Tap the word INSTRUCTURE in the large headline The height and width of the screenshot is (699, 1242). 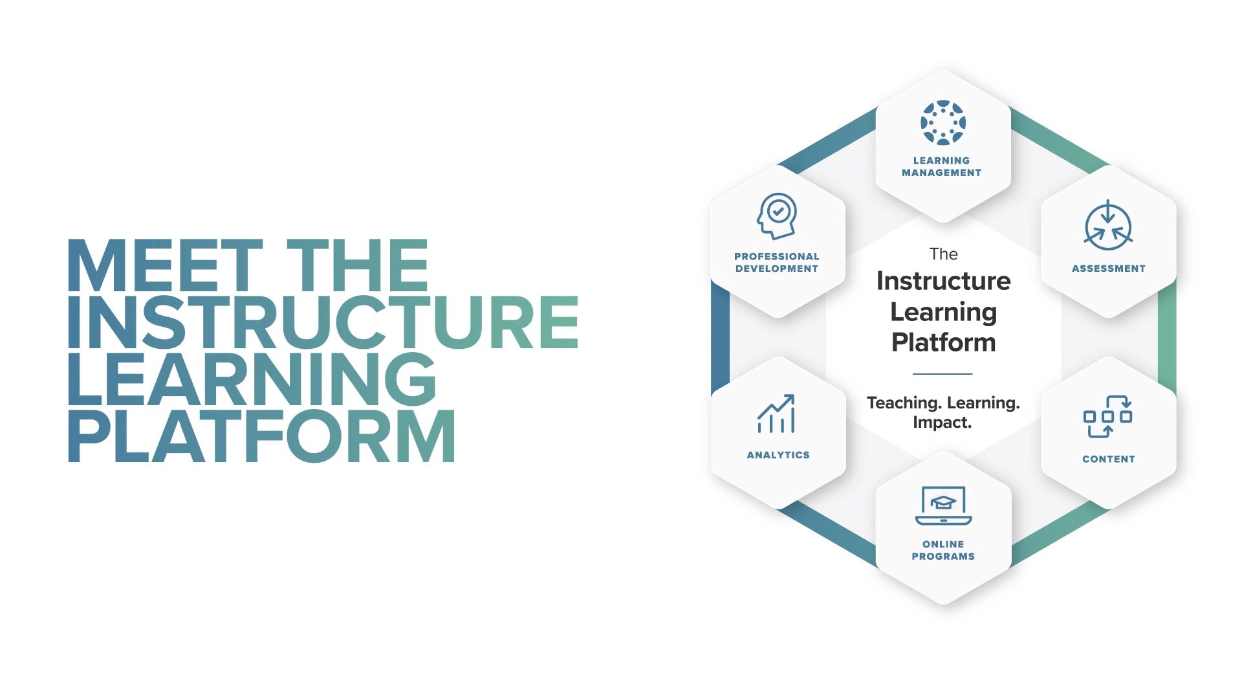(322, 322)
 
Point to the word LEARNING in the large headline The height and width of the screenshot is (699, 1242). (252, 379)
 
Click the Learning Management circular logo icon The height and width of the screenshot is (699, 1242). (942, 122)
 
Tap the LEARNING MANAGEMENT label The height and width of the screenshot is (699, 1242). (942, 166)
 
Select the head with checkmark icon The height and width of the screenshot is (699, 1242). (776, 216)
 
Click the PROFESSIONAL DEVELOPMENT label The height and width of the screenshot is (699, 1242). (777, 262)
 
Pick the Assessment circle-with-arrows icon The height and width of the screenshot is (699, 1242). (1108, 226)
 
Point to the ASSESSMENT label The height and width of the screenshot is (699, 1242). (1108, 269)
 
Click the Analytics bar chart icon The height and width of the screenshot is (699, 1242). (776, 414)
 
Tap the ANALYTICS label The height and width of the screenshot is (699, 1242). (778, 455)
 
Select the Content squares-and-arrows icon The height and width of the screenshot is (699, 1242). (1107, 416)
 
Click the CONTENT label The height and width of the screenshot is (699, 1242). (1108, 459)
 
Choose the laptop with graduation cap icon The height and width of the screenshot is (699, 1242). (943, 505)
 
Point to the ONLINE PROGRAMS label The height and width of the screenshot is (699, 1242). (943, 550)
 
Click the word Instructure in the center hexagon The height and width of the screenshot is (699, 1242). (943, 281)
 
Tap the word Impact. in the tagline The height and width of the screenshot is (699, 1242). (942, 423)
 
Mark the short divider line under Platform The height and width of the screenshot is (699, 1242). (942, 373)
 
